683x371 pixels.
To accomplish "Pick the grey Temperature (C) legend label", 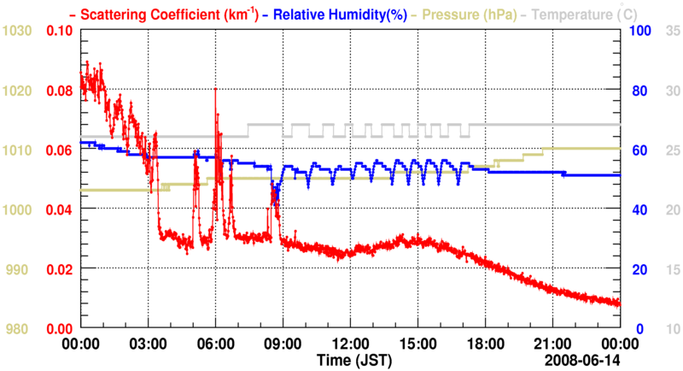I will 582,14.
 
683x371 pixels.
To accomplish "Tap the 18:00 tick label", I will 485,342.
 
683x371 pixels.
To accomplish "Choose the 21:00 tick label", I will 552,342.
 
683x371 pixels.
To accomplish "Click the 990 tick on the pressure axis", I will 20,269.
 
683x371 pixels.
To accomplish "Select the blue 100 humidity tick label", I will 641,31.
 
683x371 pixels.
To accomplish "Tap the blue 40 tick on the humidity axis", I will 638,209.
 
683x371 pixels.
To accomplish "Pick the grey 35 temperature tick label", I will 672,31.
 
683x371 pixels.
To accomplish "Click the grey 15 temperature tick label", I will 672,269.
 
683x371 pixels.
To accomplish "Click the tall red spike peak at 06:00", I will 215,89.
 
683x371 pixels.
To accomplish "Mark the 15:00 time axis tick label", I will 417,342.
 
